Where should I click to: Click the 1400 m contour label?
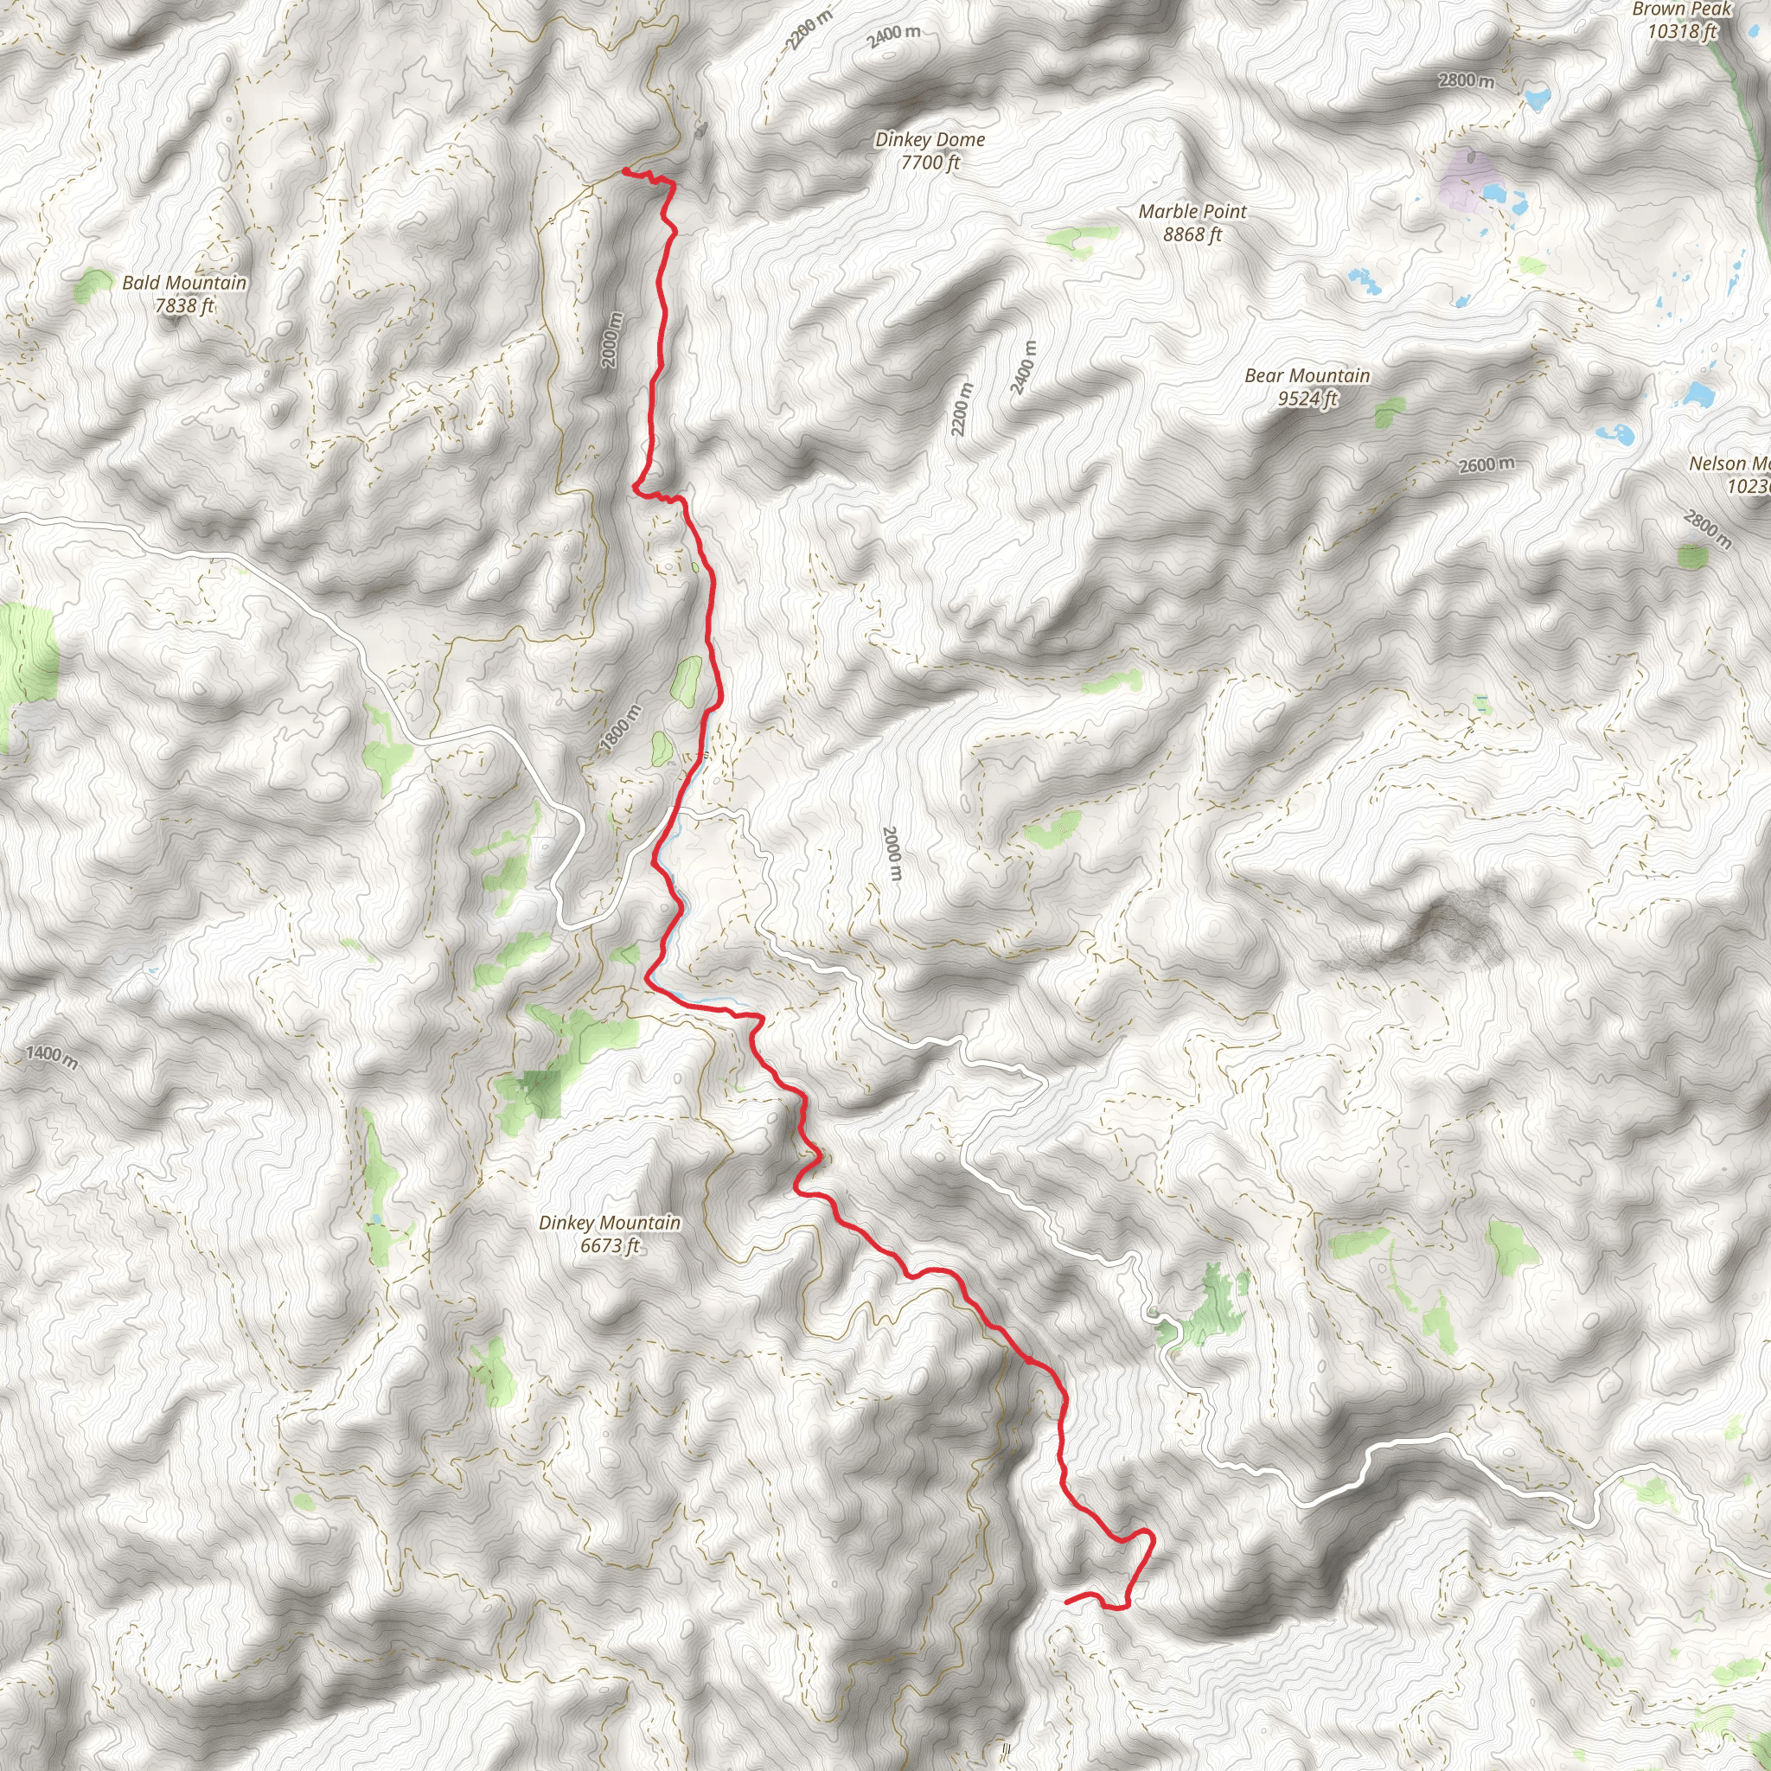pos(51,1056)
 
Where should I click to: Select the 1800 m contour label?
pos(621,728)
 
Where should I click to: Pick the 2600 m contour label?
pos(1486,464)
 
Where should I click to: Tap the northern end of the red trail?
pos(624,171)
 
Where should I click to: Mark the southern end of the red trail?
pos(1066,1601)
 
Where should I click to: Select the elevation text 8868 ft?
pos(1192,234)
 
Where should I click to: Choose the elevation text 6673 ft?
pos(610,1246)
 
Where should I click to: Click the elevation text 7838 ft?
pos(184,306)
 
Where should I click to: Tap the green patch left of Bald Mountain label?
pos(92,285)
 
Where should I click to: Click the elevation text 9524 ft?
pos(1307,399)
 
